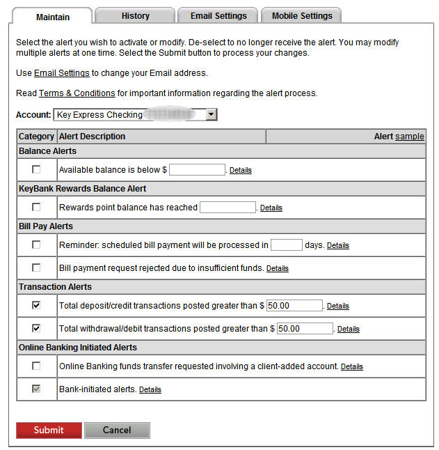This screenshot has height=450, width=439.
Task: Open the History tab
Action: coord(135,15)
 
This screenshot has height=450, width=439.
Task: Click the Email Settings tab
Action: coord(218,15)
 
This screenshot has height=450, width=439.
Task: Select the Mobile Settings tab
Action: coord(302,15)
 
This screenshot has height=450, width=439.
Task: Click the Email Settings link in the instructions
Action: coord(62,73)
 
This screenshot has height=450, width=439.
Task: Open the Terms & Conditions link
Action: coord(77,93)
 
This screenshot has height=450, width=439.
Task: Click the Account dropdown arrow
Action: coord(211,115)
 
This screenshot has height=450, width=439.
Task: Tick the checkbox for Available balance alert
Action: coord(36,169)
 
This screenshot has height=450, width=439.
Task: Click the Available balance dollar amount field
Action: coord(197,169)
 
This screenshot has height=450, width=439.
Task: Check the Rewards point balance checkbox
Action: coord(36,207)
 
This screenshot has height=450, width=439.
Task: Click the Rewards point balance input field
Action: coord(228,207)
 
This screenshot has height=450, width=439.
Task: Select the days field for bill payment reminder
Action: coord(286,245)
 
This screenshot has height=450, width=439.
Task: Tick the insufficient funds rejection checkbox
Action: coord(36,267)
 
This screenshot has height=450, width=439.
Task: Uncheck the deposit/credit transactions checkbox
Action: coord(36,305)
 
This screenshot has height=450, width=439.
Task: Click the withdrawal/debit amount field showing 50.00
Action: coord(305,328)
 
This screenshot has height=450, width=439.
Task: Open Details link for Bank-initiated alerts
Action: coord(150,389)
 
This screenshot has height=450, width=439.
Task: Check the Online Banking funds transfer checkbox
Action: coord(36,366)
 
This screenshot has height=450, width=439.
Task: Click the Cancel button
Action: coord(117,430)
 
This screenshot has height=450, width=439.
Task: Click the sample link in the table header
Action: coord(410,137)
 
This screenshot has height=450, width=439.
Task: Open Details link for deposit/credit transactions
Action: coord(338,306)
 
